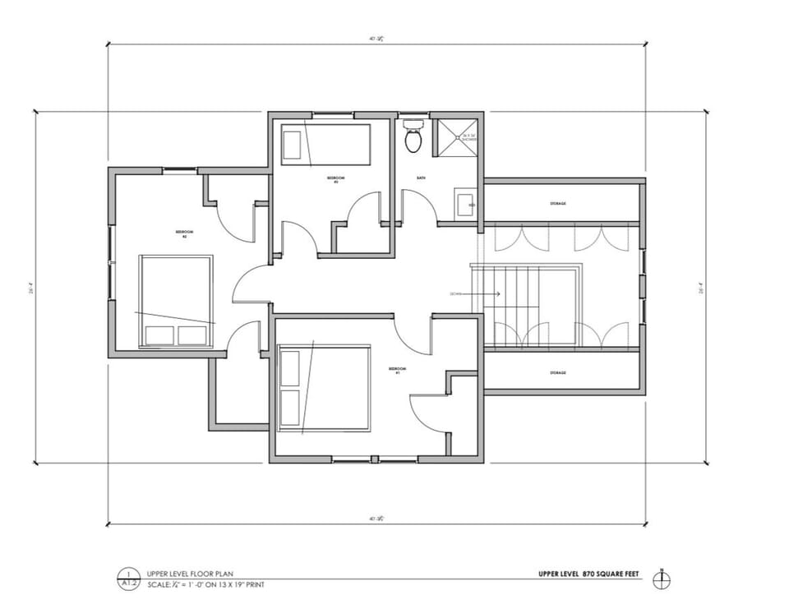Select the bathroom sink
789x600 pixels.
point(464,203)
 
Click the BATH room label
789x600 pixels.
point(421,178)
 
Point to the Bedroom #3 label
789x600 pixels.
point(335,179)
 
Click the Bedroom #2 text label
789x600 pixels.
point(185,234)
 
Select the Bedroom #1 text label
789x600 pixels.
point(398,372)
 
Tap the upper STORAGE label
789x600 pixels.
point(558,203)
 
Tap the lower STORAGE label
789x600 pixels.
point(558,372)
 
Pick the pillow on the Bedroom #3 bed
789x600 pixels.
point(292,145)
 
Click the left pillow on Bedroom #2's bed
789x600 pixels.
point(160,335)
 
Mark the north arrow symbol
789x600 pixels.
point(661,579)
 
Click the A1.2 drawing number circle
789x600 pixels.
point(127,579)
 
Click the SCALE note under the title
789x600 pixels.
point(205,585)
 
